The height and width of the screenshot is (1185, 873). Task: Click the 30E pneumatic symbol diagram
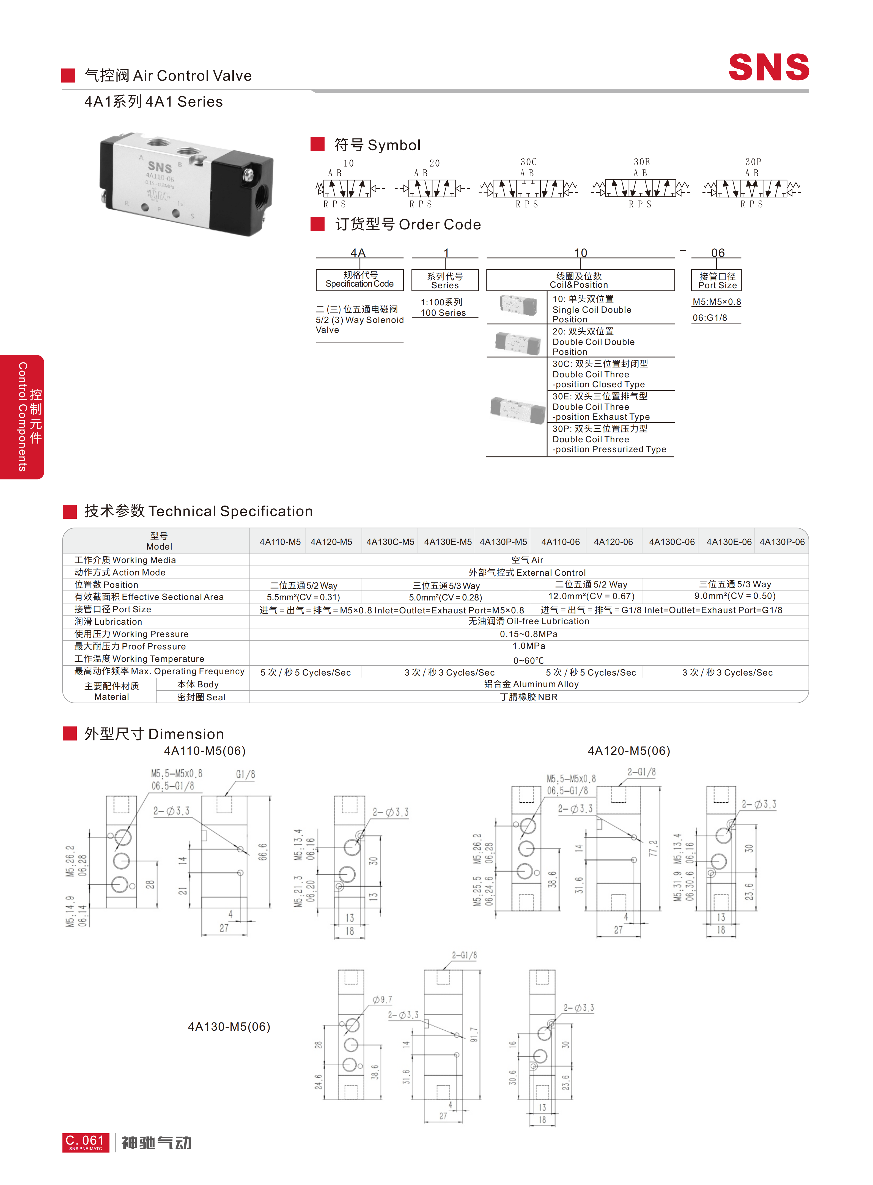(641, 188)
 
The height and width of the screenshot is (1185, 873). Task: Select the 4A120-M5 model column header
(331, 542)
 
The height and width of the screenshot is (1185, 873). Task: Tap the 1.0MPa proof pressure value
(528, 646)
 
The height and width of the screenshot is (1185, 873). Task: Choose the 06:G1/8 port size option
(710, 318)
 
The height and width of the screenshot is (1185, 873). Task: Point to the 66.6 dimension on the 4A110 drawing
(263, 852)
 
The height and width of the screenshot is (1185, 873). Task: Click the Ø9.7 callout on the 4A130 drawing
(382, 1000)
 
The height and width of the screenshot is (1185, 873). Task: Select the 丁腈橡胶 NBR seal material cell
(528, 697)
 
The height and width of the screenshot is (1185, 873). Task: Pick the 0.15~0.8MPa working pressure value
(528, 634)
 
